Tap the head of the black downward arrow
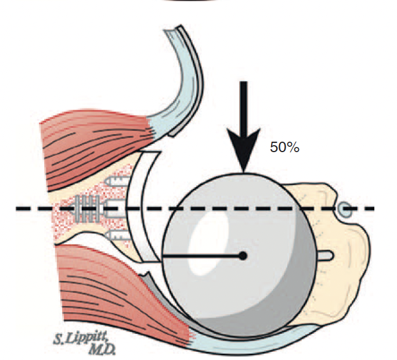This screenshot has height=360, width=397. point(244,154)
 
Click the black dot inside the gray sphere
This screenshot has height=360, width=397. point(243,255)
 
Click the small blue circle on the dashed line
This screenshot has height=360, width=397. point(345,208)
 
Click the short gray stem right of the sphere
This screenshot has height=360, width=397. point(326,254)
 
